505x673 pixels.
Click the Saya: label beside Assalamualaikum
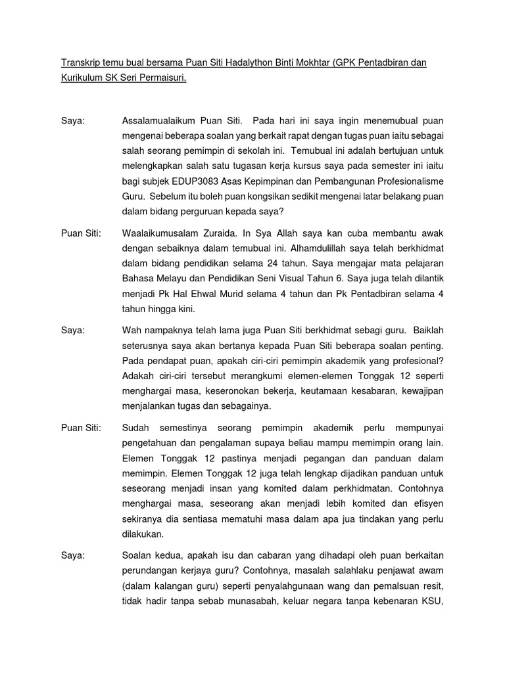(73, 122)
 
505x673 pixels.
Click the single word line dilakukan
(145, 534)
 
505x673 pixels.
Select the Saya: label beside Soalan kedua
(73, 555)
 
